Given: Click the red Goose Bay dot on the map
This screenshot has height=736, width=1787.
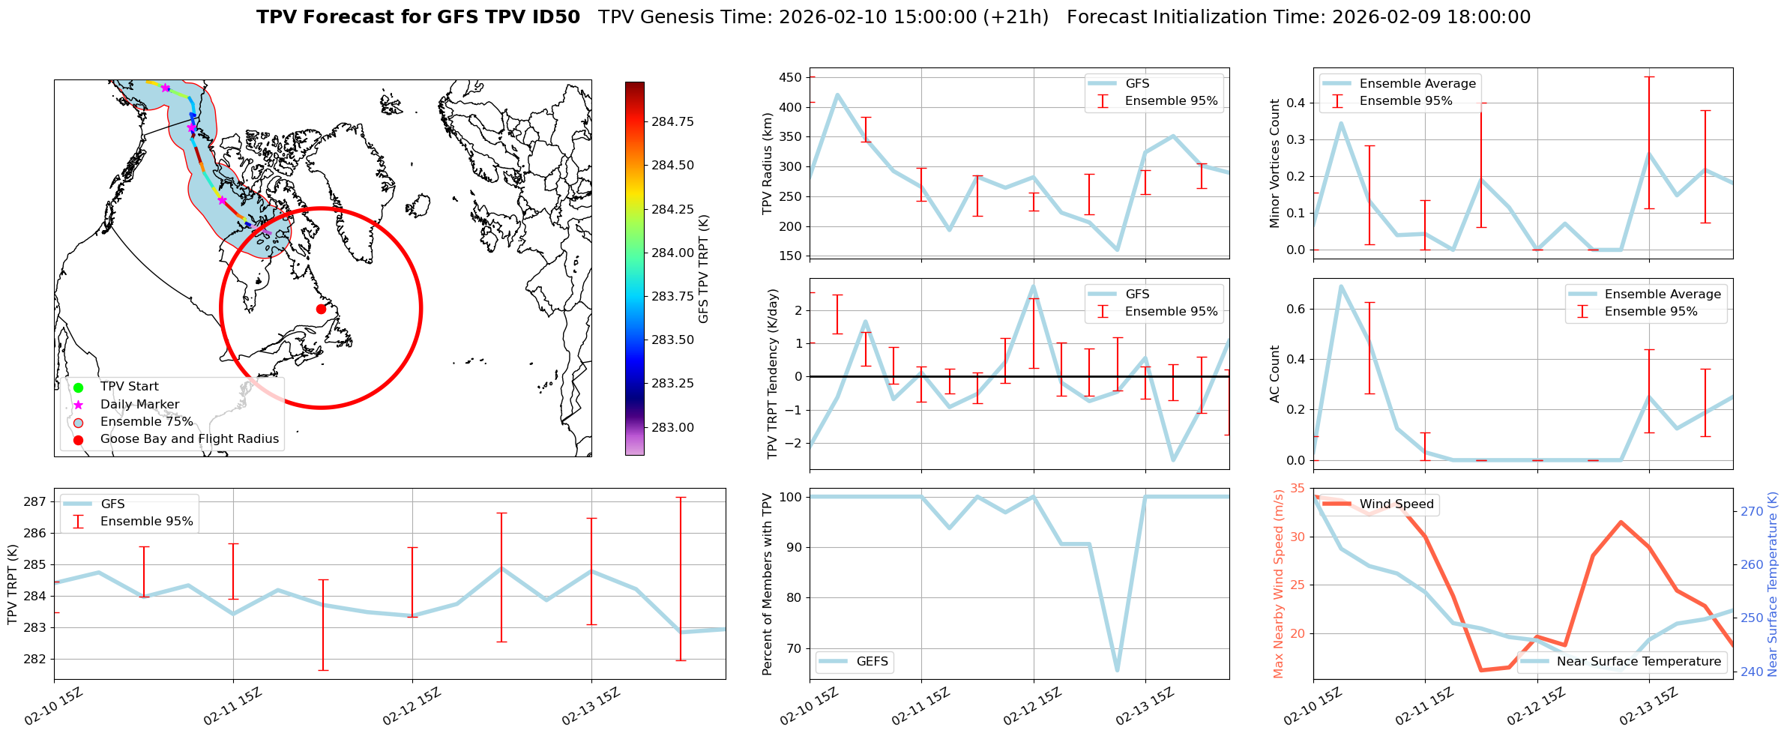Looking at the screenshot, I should click(x=321, y=309).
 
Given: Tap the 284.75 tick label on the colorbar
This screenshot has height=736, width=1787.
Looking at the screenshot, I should click(x=672, y=121).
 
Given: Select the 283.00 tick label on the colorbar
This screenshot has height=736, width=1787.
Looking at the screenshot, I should click(x=672, y=427).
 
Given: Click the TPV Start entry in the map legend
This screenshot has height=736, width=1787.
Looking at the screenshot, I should click(x=129, y=387).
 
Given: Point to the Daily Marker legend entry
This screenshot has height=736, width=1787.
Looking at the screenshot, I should click(x=139, y=405).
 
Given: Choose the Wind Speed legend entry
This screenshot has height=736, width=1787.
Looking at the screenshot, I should click(x=1396, y=504).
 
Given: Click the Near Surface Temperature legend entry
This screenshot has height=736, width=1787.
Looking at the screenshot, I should click(x=1638, y=662).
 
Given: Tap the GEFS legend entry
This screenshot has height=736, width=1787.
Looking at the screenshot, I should click(x=872, y=662).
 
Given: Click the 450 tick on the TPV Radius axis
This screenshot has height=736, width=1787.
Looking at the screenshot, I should click(x=791, y=77).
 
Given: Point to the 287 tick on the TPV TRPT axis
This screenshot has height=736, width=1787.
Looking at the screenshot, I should click(x=37, y=501).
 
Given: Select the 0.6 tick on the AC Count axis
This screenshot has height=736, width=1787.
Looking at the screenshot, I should click(x=1295, y=309).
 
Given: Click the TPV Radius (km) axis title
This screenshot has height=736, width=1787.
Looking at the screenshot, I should click(x=767, y=164).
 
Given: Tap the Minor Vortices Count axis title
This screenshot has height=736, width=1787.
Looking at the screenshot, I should click(x=1274, y=163).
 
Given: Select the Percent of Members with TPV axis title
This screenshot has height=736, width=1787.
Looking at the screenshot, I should click(x=767, y=584).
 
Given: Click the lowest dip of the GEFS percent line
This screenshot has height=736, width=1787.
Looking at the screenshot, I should click(x=1118, y=670).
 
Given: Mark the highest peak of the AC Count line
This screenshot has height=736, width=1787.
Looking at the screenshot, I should click(x=1341, y=286).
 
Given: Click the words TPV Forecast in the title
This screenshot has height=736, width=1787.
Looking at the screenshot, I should click(x=325, y=17).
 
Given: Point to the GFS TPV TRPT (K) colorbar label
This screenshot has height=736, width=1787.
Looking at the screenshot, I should click(x=703, y=269).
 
